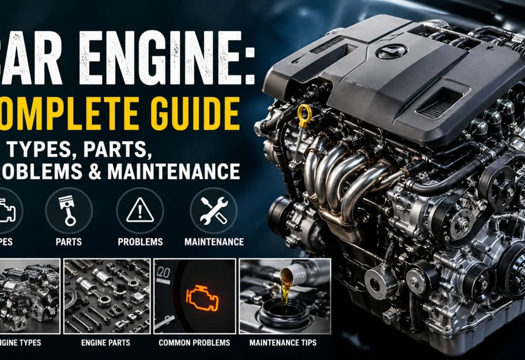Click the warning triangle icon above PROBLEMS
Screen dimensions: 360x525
click(139, 210)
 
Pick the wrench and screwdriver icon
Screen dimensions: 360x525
click(213, 210)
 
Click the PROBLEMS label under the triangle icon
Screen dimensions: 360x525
click(140, 242)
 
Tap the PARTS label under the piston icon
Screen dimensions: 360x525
click(69, 242)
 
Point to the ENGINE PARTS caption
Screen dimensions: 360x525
click(107, 343)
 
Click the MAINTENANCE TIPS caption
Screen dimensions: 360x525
click(283, 343)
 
